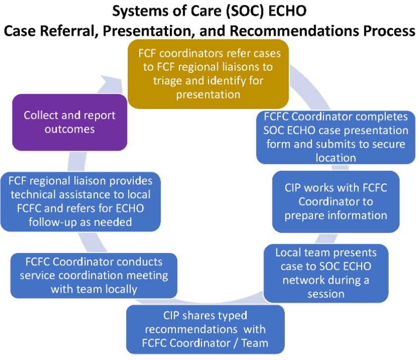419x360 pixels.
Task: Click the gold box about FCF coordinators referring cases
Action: (x=208, y=74)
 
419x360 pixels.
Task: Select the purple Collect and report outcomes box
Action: (x=70, y=122)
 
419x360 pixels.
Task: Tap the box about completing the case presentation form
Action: (x=336, y=137)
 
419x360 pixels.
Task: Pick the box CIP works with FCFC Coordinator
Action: (x=336, y=202)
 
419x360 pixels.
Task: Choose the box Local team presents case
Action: (x=326, y=273)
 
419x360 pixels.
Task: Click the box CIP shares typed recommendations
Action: (x=205, y=329)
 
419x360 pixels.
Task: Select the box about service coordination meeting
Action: (x=94, y=275)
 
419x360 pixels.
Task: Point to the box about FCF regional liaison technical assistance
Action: (x=80, y=202)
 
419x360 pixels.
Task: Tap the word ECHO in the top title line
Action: (x=287, y=11)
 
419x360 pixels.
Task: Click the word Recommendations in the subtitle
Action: (x=294, y=31)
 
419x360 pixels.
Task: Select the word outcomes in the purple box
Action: (x=69, y=129)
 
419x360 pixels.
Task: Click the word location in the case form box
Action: (x=336, y=158)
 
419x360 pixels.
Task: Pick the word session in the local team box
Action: (x=326, y=294)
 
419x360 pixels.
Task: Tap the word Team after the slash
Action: (x=255, y=343)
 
